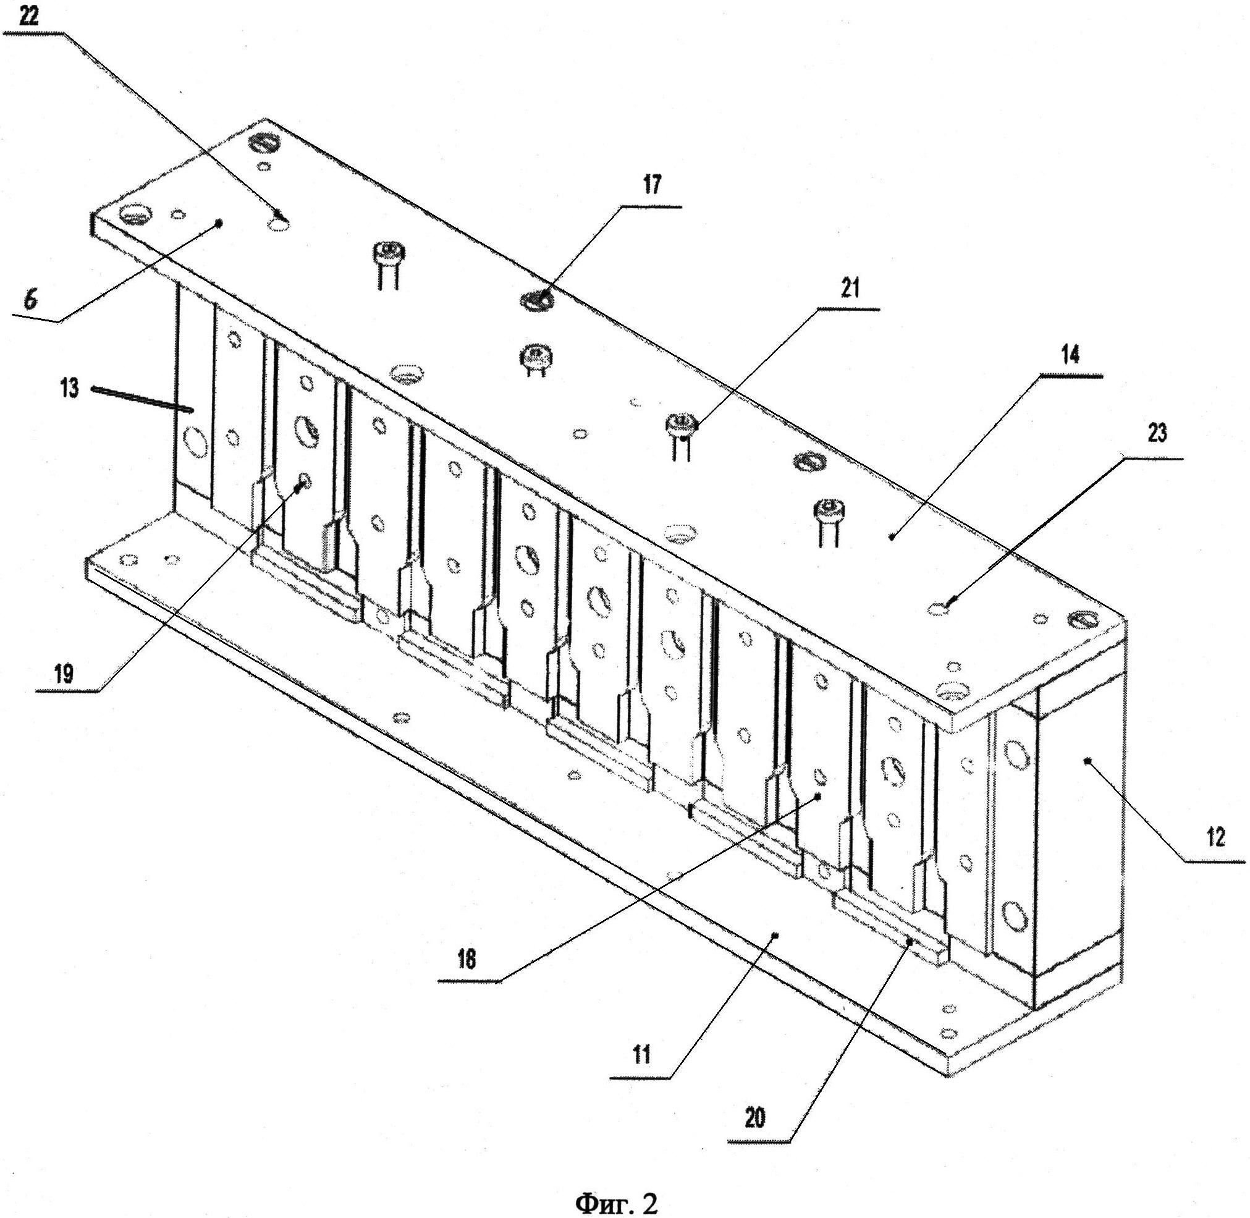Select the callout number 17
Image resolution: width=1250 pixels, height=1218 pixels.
[x=652, y=185]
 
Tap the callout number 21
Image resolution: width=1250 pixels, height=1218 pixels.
[x=850, y=289]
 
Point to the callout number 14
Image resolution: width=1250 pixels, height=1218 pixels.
[x=1070, y=353]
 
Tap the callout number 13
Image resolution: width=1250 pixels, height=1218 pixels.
[x=70, y=387]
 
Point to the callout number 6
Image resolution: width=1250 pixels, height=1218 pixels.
[x=31, y=302]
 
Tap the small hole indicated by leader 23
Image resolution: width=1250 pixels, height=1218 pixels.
[x=939, y=609]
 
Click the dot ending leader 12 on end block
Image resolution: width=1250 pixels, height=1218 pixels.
[x=1086, y=760]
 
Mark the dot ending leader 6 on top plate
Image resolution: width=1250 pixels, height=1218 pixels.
[x=219, y=223]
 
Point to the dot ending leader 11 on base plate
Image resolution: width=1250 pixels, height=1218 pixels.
[x=776, y=934]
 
